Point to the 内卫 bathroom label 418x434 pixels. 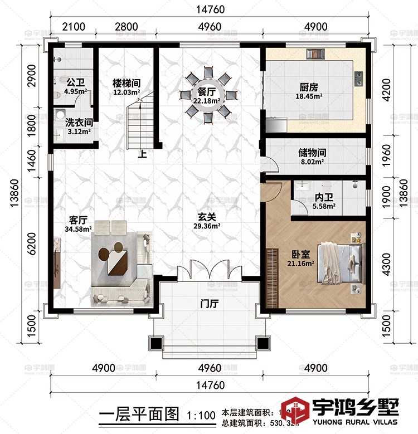[x=324, y=198]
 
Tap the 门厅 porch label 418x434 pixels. [x=209, y=304]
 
